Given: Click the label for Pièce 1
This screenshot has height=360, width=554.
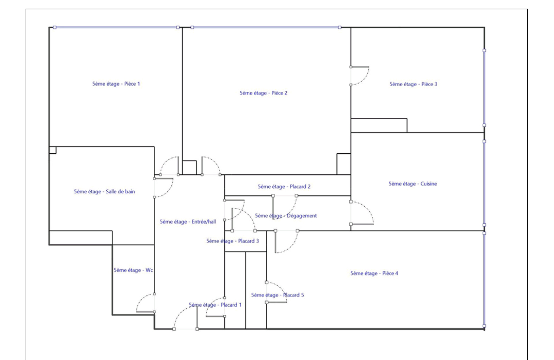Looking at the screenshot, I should pyautogui.click(x=116, y=84).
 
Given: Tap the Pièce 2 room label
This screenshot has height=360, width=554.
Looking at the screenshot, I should pyautogui.click(x=263, y=93).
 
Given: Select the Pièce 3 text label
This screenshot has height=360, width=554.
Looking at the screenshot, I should pyautogui.click(x=413, y=84).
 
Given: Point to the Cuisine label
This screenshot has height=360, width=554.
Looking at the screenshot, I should pyautogui.click(x=412, y=184).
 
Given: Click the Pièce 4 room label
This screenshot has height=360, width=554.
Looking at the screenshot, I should pyautogui.click(x=374, y=273).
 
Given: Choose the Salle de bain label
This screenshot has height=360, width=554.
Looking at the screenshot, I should pyautogui.click(x=104, y=191).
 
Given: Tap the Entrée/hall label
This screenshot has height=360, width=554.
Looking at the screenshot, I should pyautogui.click(x=188, y=222).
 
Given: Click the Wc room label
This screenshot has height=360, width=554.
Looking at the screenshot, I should pyautogui.click(x=133, y=270).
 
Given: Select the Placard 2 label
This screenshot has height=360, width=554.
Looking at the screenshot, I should pyautogui.click(x=284, y=187).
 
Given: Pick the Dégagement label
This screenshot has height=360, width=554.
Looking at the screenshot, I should pyautogui.click(x=286, y=216).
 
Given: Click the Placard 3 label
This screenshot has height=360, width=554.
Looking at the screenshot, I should pyautogui.click(x=232, y=241).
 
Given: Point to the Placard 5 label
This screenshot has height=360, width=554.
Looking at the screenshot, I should pyautogui.click(x=277, y=295).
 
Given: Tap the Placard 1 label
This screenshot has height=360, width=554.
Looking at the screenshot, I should pyautogui.click(x=215, y=305).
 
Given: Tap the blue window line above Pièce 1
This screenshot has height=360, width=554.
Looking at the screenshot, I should pyautogui.click(x=116, y=27).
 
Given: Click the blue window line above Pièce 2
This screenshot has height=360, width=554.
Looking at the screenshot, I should pyautogui.click(x=266, y=27).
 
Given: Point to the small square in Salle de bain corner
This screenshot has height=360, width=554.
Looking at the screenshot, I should pyautogui.click(x=53, y=150).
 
